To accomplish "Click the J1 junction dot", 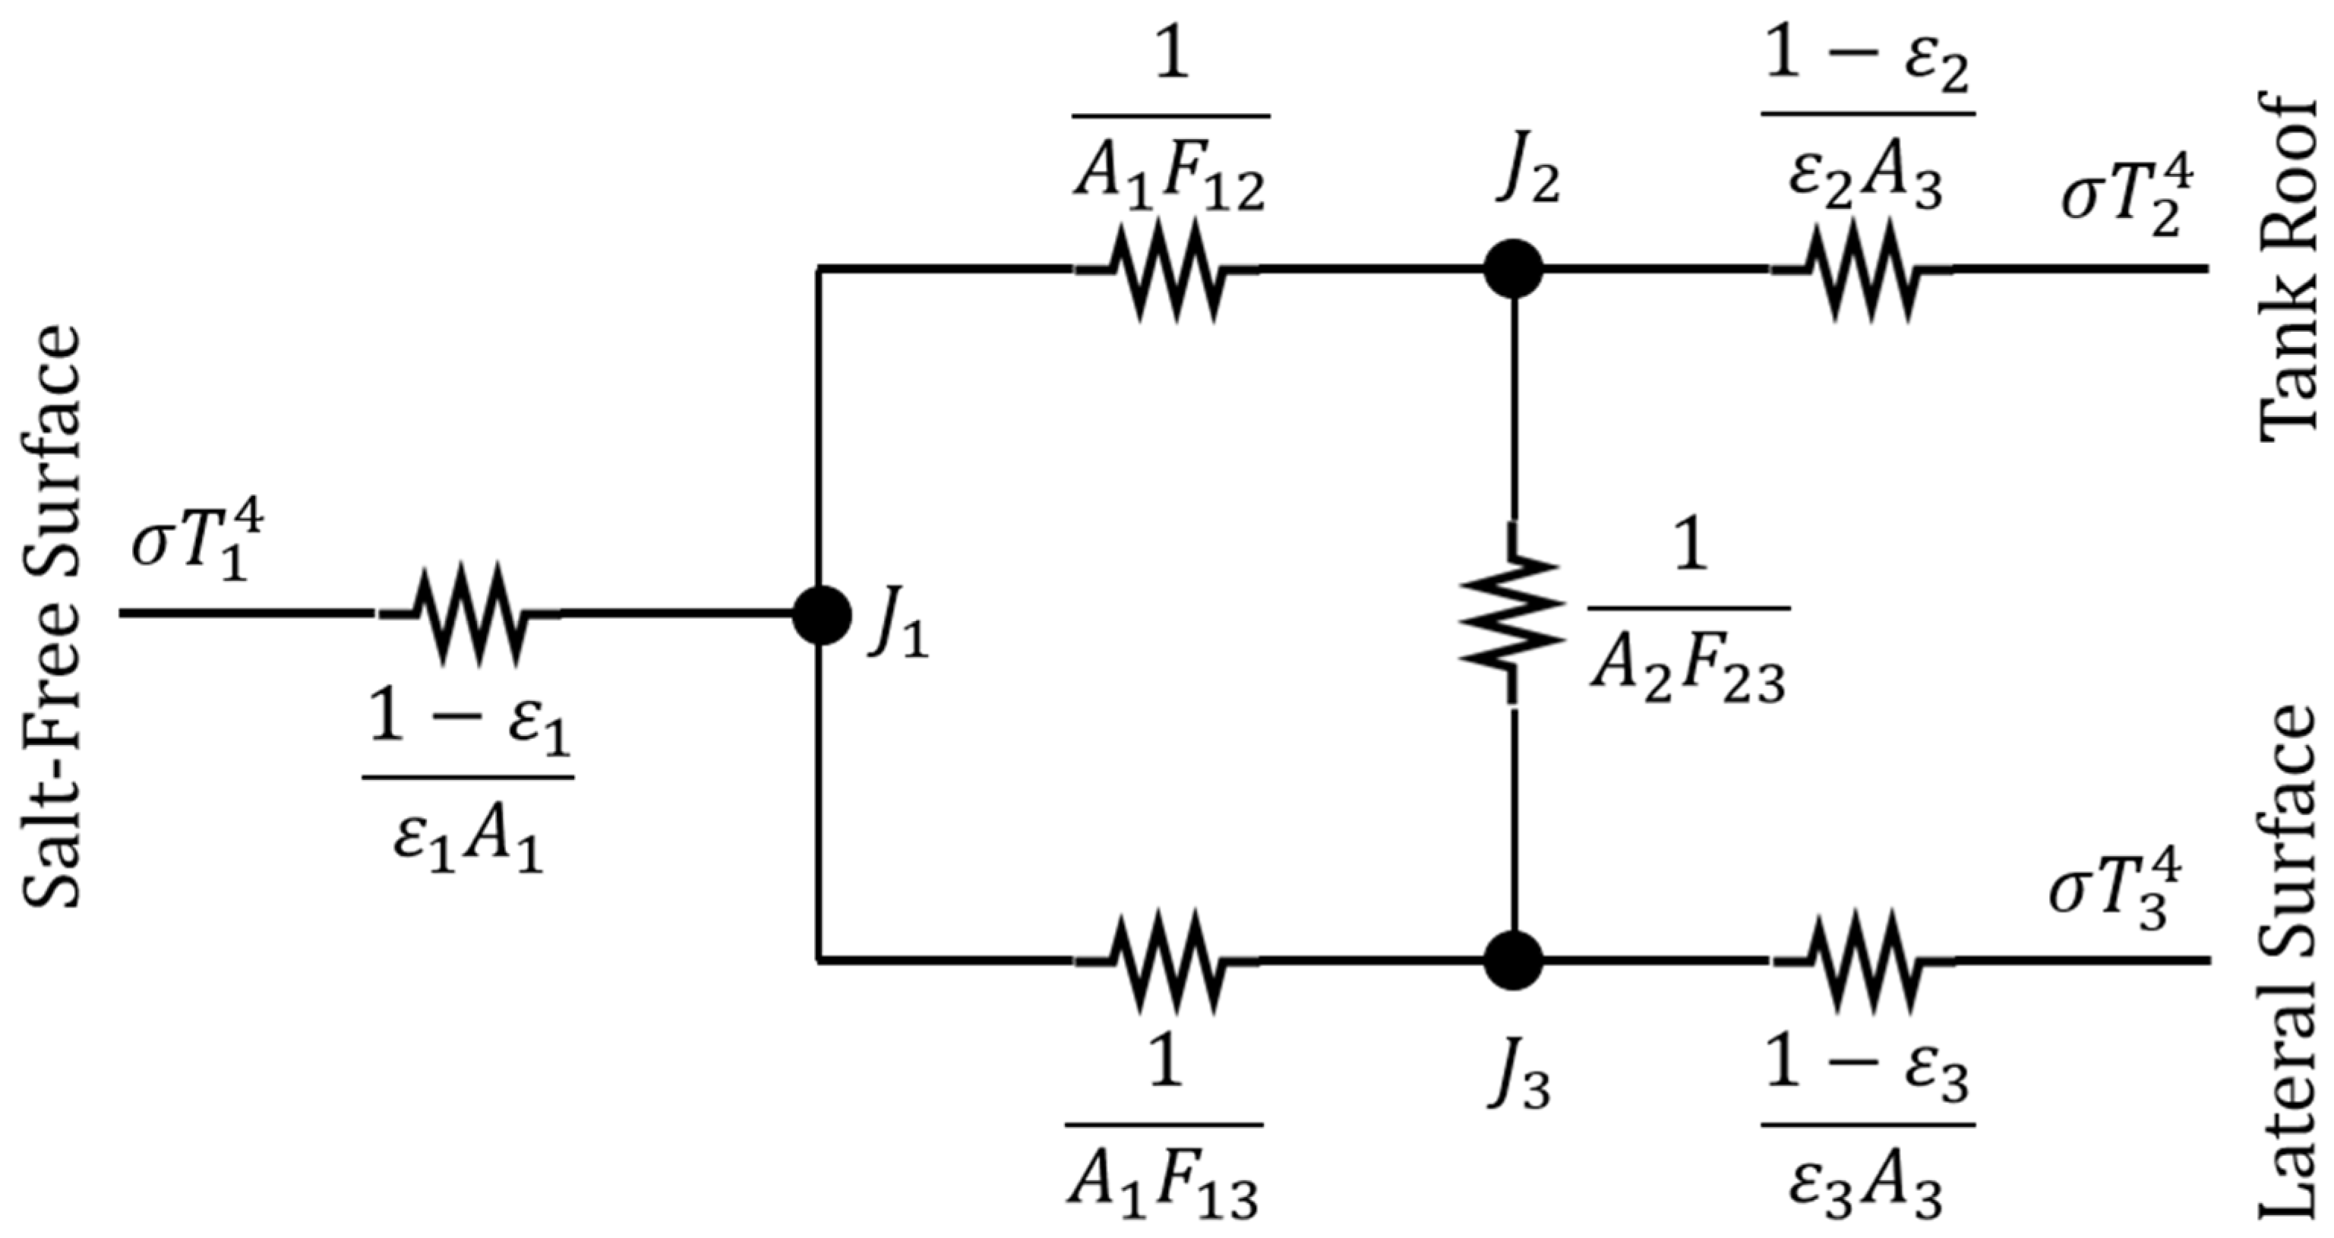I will tap(821, 614).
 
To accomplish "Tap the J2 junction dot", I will tap(1512, 269).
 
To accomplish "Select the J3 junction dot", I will tap(1512, 960).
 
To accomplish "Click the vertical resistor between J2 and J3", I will tap(1511, 614).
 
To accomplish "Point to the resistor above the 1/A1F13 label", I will tap(1168, 960).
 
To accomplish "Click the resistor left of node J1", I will tap(469, 614).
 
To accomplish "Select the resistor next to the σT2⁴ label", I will tap(1861, 269).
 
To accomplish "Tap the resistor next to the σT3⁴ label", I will tap(1861, 960).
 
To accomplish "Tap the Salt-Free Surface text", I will tap(51, 616).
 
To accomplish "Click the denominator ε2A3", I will tap(1865, 180).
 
